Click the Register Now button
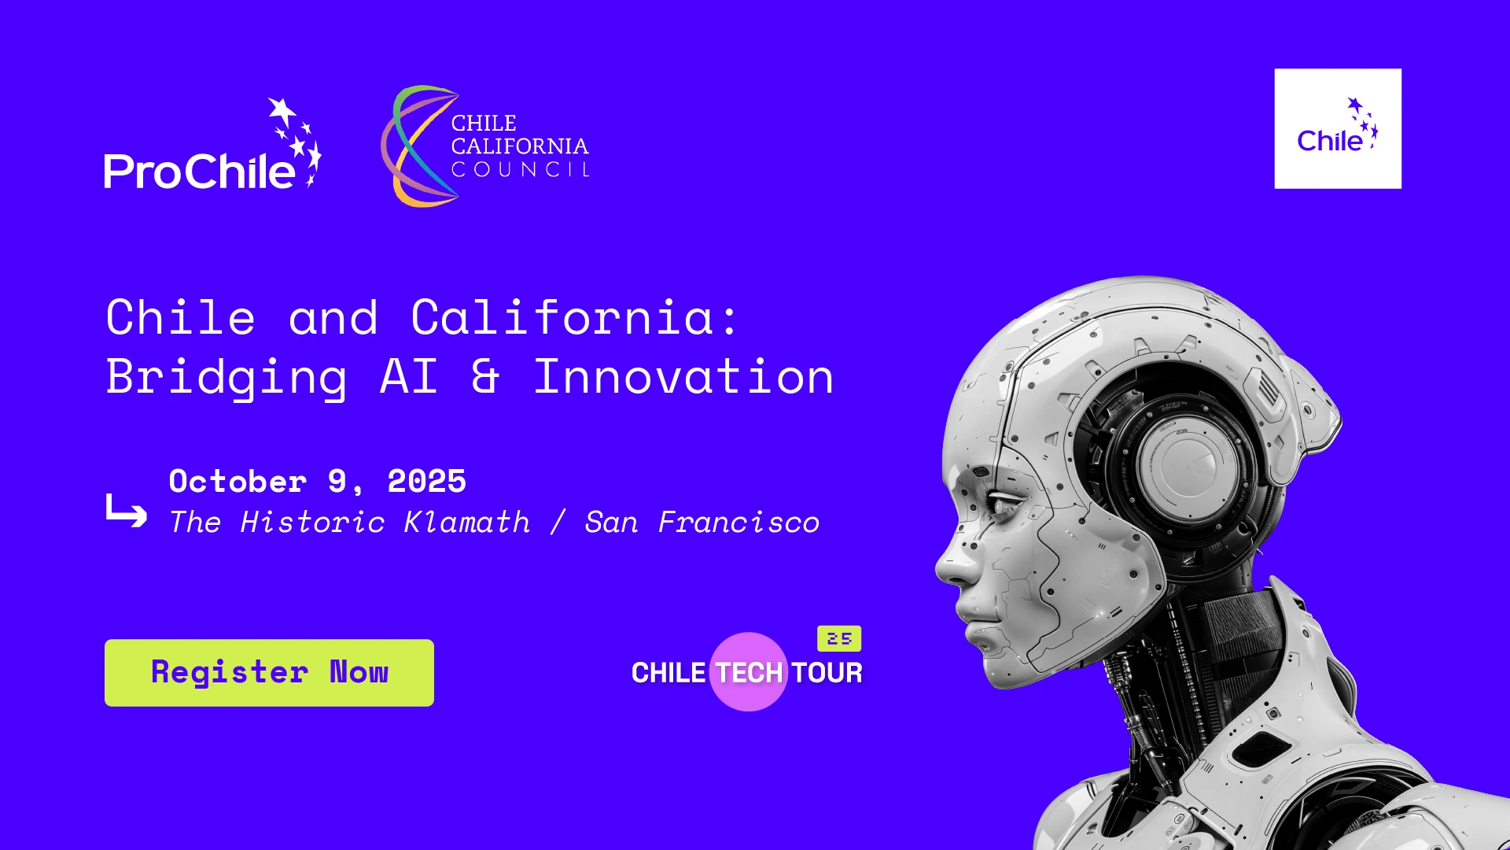269,673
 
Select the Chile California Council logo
485,146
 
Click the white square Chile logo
1338,128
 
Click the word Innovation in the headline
683,377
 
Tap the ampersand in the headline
485,377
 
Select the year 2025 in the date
427,482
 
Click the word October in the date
238,482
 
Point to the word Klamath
467,523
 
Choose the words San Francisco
702,523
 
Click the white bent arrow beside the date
126,512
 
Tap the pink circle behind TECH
749,671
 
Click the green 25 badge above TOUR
839,638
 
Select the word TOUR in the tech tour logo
827,673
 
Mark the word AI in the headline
409,377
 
